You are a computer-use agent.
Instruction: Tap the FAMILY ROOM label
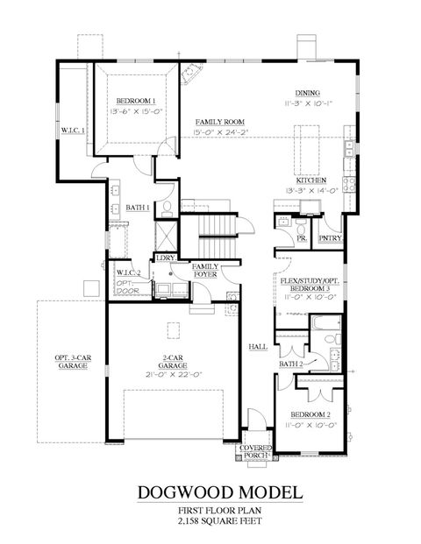pyautogui.click(x=219, y=122)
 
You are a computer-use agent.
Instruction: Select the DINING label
pyautogui.click(x=307, y=93)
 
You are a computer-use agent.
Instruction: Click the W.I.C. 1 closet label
pyautogui.click(x=72, y=131)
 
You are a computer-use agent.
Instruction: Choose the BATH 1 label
pyautogui.click(x=136, y=207)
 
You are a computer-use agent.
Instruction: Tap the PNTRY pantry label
pyautogui.click(x=331, y=237)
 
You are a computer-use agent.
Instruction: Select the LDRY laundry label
pyautogui.click(x=164, y=258)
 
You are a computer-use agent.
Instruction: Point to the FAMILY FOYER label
pyautogui.click(x=206, y=270)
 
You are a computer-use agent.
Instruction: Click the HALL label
pyautogui.click(x=258, y=347)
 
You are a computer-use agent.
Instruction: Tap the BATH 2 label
pyautogui.click(x=292, y=364)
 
